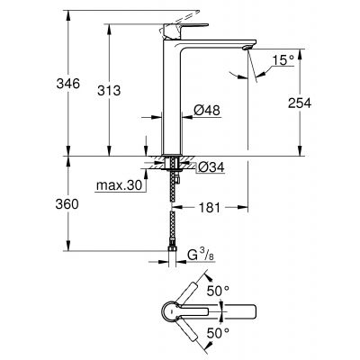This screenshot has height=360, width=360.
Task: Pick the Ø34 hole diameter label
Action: click(208, 166)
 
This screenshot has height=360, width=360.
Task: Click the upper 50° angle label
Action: click(220, 292)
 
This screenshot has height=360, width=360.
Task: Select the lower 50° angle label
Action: click(220, 332)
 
